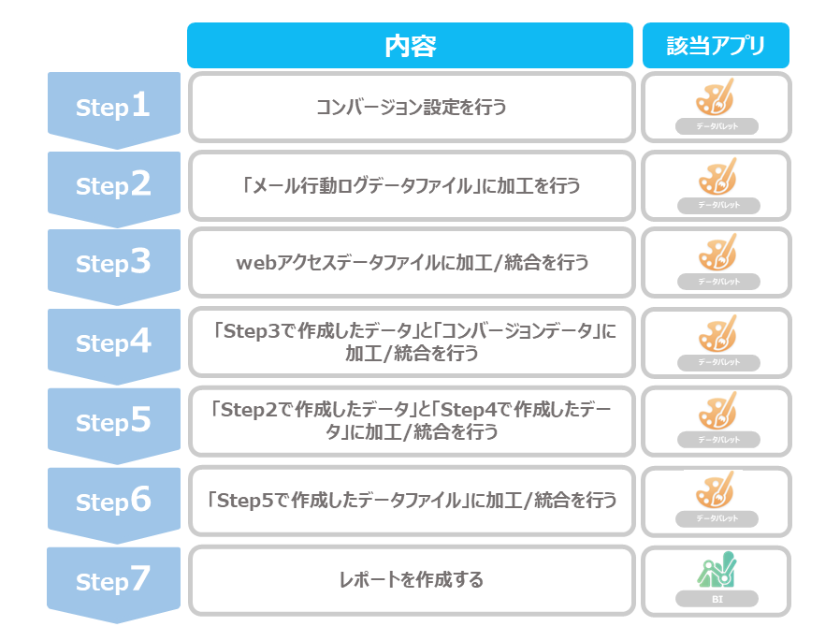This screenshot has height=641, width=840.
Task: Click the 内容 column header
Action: (410, 46)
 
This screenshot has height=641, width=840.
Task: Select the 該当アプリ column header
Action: (716, 46)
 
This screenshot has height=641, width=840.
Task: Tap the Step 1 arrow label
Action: (113, 108)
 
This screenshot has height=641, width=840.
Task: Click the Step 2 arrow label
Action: (113, 186)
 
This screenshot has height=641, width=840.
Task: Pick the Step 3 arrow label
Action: (113, 264)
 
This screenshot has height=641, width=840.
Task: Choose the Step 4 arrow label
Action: (113, 343)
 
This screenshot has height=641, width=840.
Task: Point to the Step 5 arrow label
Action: (113, 422)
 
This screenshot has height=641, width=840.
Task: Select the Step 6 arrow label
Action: (113, 502)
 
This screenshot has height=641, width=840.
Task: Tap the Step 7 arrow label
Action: (113, 581)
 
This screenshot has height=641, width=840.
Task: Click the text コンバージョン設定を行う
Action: (411, 108)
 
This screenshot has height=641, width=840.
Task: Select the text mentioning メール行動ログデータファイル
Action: (411, 186)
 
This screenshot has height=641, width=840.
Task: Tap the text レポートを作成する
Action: (411, 579)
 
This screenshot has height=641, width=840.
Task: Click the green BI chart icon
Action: (717, 570)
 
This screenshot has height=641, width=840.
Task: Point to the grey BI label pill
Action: (717, 599)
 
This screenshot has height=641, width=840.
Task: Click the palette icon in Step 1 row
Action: (716, 97)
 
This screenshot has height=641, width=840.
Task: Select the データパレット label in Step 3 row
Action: (718, 282)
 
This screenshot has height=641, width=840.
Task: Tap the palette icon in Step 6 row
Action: (716, 489)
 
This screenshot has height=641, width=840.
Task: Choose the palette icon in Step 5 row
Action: (717, 411)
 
